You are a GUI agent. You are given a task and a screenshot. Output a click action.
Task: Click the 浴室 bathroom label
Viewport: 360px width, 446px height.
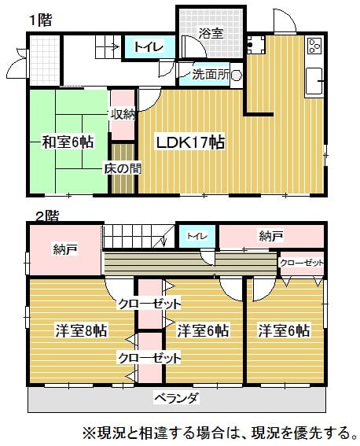point(211,33)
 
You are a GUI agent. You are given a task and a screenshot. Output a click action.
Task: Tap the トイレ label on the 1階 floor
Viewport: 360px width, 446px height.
point(149,47)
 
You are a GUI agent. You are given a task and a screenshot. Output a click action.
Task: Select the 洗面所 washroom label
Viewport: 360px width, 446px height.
point(211,75)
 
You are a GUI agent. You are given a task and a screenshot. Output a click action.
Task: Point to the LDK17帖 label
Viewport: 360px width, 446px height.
point(190,142)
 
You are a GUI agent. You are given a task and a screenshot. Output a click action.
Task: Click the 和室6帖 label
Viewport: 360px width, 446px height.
point(68,142)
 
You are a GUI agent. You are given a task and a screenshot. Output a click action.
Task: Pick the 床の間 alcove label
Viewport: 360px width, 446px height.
point(123,168)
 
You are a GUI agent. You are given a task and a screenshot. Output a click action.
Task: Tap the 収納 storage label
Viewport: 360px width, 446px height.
point(123,114)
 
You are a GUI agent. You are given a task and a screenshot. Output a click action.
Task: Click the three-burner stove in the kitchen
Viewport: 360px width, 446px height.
point(314,46)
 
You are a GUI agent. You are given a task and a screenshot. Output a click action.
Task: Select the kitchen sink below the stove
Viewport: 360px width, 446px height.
point(314,82)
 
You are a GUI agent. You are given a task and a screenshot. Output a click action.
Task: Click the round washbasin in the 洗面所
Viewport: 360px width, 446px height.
point(236,76)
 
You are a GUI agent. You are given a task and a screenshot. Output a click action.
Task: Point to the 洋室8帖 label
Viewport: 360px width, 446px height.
point(81,331)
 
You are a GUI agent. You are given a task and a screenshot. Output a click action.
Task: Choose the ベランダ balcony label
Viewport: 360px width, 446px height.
point(176,398)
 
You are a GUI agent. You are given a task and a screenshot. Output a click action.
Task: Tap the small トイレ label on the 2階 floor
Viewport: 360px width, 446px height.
point(197,236)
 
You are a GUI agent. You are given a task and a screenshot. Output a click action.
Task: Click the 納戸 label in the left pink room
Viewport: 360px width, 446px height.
point(65,249)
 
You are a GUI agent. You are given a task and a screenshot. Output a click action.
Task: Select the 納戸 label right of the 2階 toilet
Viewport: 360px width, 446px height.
point(271,236)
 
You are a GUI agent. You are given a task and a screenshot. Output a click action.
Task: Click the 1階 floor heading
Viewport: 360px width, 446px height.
point(41,20)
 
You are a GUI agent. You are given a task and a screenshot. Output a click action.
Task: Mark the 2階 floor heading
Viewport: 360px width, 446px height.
point(47,216)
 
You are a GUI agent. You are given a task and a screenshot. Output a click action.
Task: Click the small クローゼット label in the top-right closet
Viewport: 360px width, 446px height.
point(302,263)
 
